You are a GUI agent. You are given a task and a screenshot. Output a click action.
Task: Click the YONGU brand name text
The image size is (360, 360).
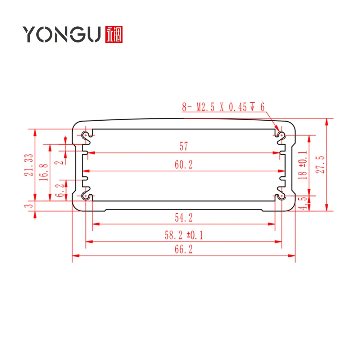62,34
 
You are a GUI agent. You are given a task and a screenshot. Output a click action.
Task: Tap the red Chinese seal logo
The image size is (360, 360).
114,35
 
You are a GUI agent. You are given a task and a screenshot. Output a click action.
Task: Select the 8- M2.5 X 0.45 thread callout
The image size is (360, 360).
223,107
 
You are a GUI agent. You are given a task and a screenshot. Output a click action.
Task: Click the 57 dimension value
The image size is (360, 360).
184,146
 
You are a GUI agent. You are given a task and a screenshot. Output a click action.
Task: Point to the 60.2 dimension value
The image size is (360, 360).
184,165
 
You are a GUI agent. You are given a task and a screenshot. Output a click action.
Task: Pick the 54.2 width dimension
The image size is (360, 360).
184,218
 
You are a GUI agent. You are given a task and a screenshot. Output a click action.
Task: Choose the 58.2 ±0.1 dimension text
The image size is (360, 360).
184,235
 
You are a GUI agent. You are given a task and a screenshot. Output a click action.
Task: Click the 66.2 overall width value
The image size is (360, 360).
184,249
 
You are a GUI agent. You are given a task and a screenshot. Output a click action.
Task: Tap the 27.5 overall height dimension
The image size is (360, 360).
320,165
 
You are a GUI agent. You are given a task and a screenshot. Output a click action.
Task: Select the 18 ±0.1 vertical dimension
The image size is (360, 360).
303,165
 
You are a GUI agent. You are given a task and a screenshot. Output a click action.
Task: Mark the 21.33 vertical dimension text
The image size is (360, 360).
29,165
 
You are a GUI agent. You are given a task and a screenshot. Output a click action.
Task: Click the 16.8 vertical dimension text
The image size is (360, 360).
44,172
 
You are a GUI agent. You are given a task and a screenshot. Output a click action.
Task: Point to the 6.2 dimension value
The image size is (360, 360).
60,190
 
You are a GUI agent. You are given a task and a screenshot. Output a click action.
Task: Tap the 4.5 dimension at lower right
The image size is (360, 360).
303,203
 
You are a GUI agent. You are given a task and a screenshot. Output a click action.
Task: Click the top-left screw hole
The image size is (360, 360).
86,135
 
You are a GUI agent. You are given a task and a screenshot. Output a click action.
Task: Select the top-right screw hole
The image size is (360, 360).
282,135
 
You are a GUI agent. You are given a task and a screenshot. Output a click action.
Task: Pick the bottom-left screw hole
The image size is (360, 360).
86,196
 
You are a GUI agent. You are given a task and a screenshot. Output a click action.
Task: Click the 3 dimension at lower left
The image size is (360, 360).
29,206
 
